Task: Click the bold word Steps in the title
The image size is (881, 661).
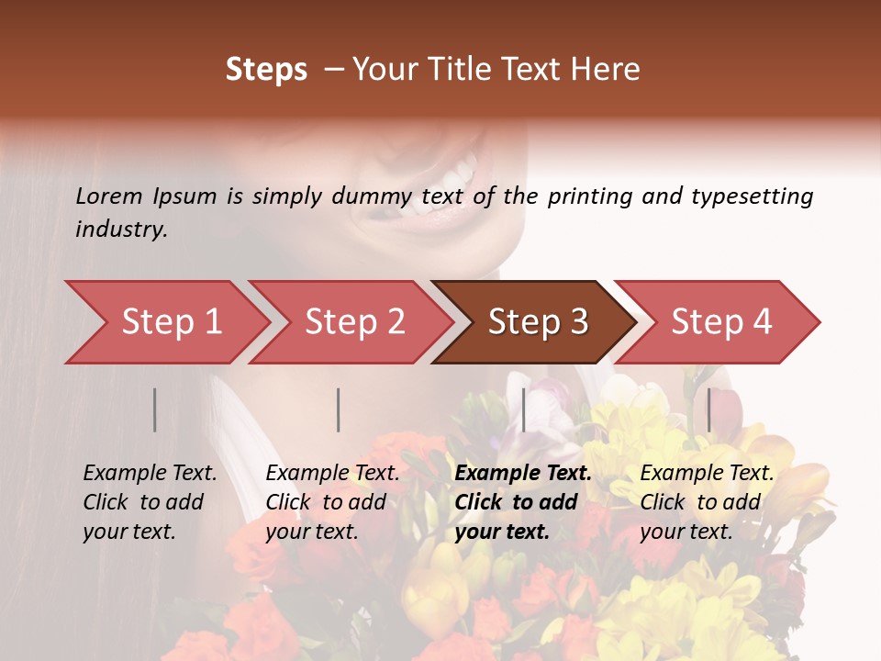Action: coord(266,69)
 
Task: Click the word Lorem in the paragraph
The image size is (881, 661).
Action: coord(109,196)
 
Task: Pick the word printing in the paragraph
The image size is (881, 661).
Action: coord(591,196)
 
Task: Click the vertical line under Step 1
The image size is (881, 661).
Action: coord(155,409)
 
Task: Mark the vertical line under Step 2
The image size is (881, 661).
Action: coord(339,409)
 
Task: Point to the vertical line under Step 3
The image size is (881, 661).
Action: coord(524,409)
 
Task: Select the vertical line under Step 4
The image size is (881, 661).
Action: coord(709,409)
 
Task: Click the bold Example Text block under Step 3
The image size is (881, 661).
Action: coord(523,502)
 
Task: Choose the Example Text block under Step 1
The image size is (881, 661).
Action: coord(150,502)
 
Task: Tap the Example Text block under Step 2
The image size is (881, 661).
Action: coord(332,502)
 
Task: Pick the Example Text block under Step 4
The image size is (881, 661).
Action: coord(707,502)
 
